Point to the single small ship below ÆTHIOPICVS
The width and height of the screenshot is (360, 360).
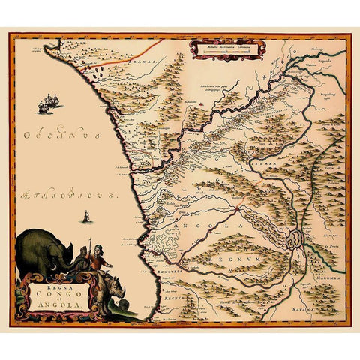pyautogui.click(x=85, y=219)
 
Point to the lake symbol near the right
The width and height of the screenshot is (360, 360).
pyautogui.click(x=295, y=240)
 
